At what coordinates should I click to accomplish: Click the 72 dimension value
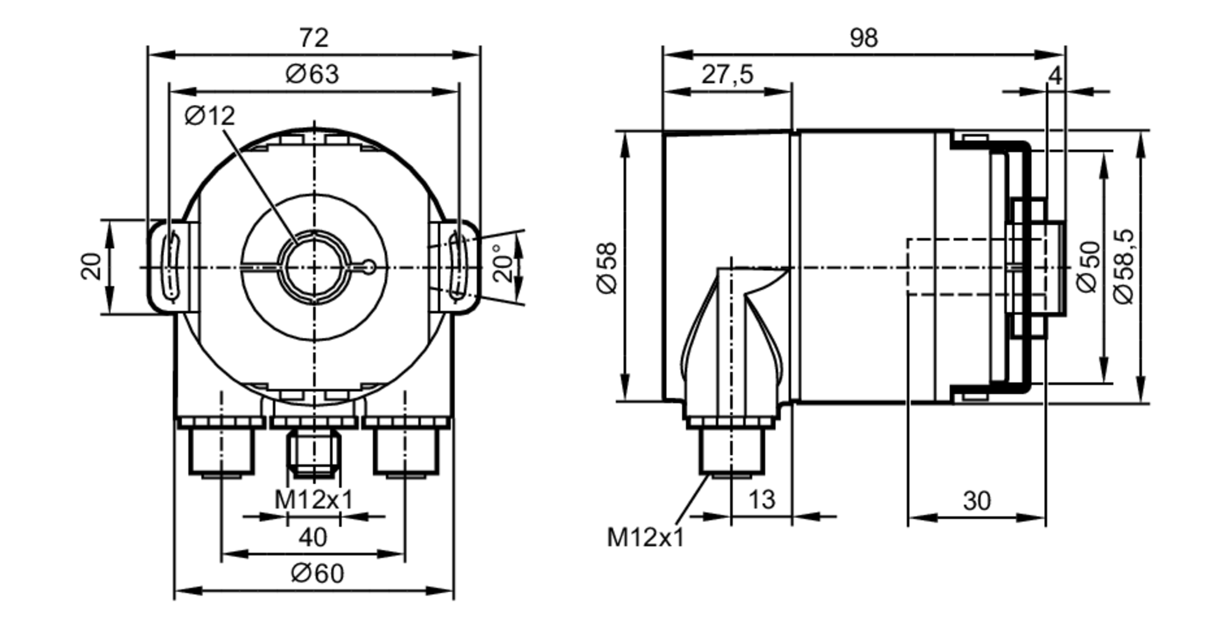(x=314, y=38)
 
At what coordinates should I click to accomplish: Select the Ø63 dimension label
(x=312, y=74)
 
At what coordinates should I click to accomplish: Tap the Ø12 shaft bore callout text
(x=210, y=116)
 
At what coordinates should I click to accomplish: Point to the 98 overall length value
(x=863, y=38)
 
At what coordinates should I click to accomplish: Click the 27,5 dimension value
(x=727, y=74)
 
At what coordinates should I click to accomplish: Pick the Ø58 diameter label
(x=607, y=268)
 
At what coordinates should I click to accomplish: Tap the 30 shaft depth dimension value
(x=976, y=501)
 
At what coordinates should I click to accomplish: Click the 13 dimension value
(x=761, y=499)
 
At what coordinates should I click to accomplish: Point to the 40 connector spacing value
(x=313, y=538)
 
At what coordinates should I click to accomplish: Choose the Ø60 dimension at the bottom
(x=317, y=574)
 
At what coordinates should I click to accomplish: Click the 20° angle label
(x=503, y=263)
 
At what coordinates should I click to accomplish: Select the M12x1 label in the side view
(x=645, y=538)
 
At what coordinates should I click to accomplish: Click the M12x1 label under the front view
(x=314, y=500)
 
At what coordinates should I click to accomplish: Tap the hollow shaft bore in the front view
(x=314, y=268)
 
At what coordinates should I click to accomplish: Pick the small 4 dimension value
(x=1055, y=76)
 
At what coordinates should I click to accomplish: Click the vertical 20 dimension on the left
(x=92, y=266)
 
